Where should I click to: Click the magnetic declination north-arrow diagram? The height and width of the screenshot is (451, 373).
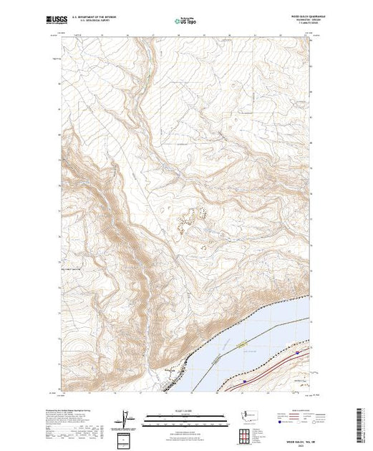click(x=126, y=417)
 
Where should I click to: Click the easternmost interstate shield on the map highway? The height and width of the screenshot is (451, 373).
click(x=298, y=351)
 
